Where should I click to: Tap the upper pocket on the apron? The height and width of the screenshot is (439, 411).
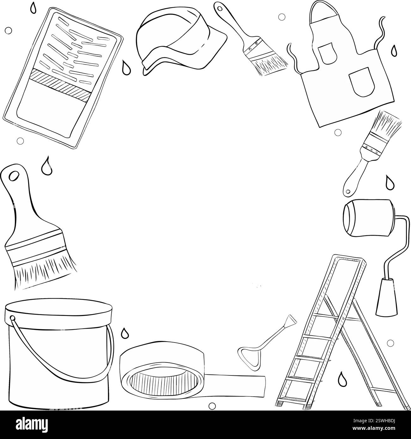324,53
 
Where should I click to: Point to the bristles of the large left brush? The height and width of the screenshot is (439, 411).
41,267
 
